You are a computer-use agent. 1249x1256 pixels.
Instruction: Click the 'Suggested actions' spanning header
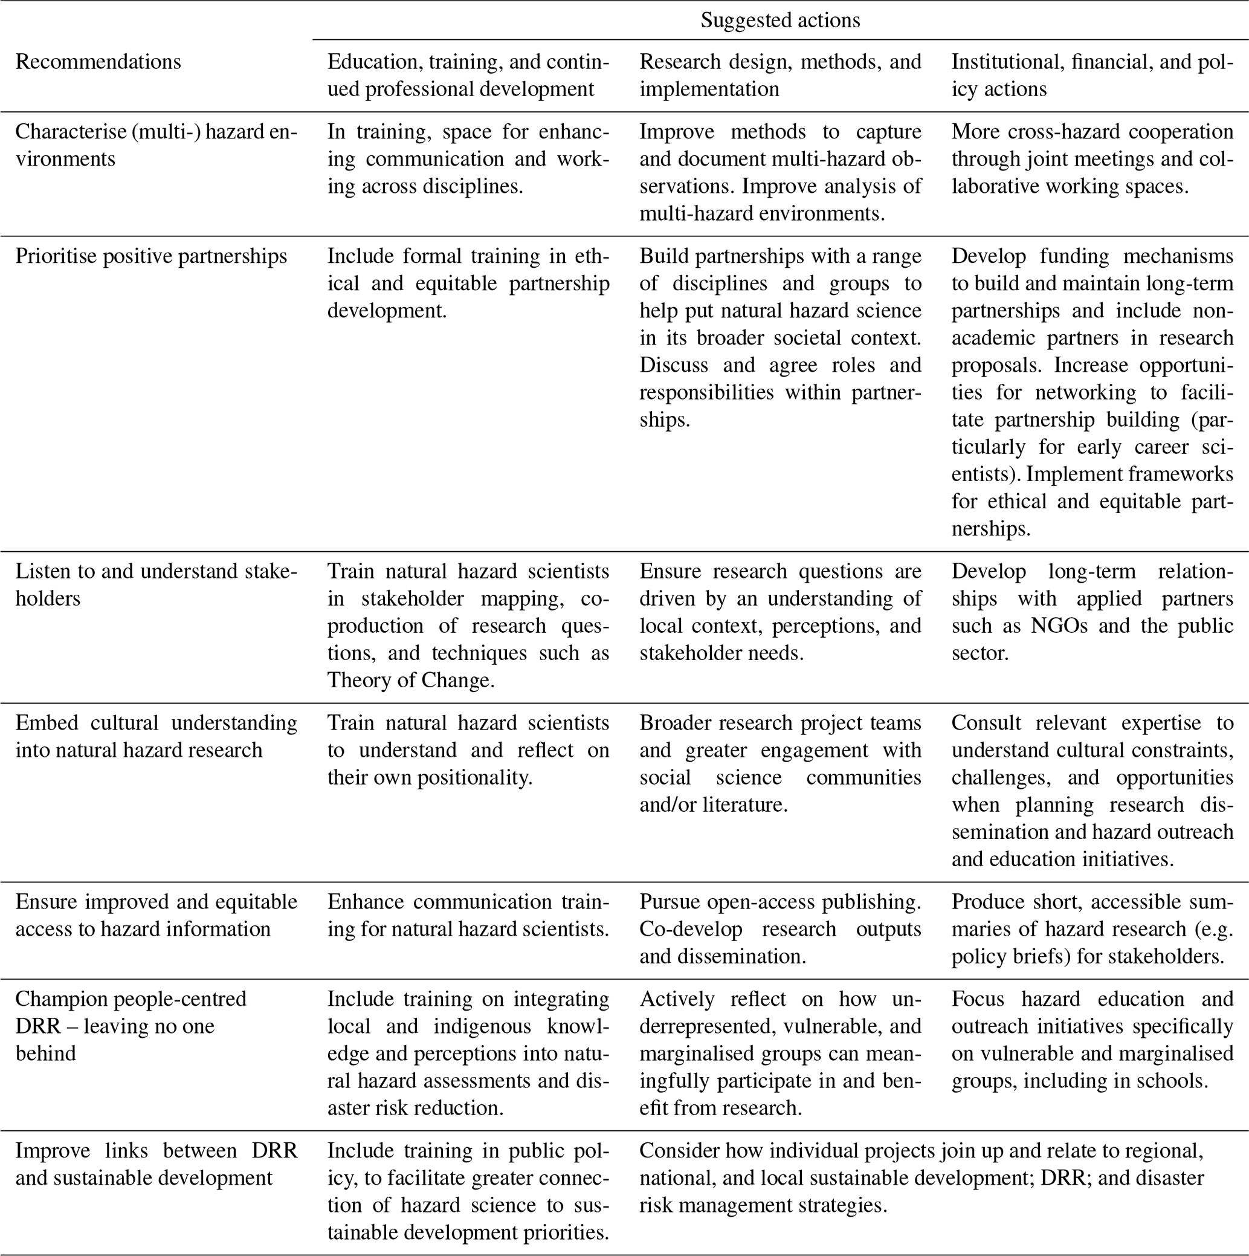pyautogui.click(x=780, y=20)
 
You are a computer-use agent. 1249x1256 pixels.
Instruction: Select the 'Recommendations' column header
pyautogui.click(x=98, y=62)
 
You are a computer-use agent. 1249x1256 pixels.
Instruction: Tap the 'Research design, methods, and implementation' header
pyautogui.click(x=780, y=75)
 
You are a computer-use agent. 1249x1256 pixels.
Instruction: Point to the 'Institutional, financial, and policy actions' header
pyautogui.click(x=1092, y=75)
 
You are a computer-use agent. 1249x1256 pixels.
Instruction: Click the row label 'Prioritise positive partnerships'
pyautogui.click(x=151, y=256)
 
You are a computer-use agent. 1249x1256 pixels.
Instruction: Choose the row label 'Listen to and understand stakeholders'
pyautogui.click(x=156, y=584)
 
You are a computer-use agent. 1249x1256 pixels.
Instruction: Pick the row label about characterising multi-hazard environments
pyautogui.click(x=156, y=145)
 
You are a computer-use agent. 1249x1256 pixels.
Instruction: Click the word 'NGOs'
pyautogui.click(x=1059, y=626)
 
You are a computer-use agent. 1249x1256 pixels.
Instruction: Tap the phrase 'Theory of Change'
pyautogui.click(x=410, y=680)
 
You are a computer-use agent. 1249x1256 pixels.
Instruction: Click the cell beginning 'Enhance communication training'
pyautogui.click(x=468, y=915)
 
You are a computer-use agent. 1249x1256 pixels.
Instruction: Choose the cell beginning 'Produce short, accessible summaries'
pyautogui.click(x=1092, y=929)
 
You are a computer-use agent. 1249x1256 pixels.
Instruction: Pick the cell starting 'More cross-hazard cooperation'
pyautogui.click(x=1092, y=158)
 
